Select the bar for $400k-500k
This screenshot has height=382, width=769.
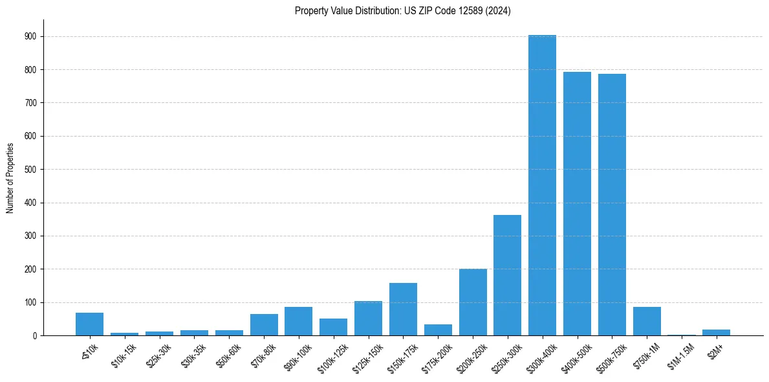point(577,203)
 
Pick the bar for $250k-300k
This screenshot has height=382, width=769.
point(507,275)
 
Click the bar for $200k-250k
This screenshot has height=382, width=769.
point(472,302)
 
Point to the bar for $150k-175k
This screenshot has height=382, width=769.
point(403,309)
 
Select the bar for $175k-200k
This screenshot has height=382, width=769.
point(438,330)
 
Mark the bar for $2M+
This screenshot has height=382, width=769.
point(716,332)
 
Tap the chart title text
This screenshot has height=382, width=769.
point(402,11)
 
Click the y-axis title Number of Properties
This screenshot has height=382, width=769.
point(10,178)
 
